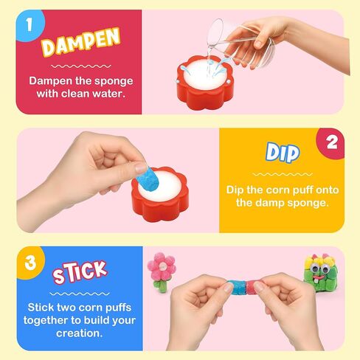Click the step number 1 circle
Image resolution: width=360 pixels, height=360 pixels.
[30, 24]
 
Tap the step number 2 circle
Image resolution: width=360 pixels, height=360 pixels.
[331, 142]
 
